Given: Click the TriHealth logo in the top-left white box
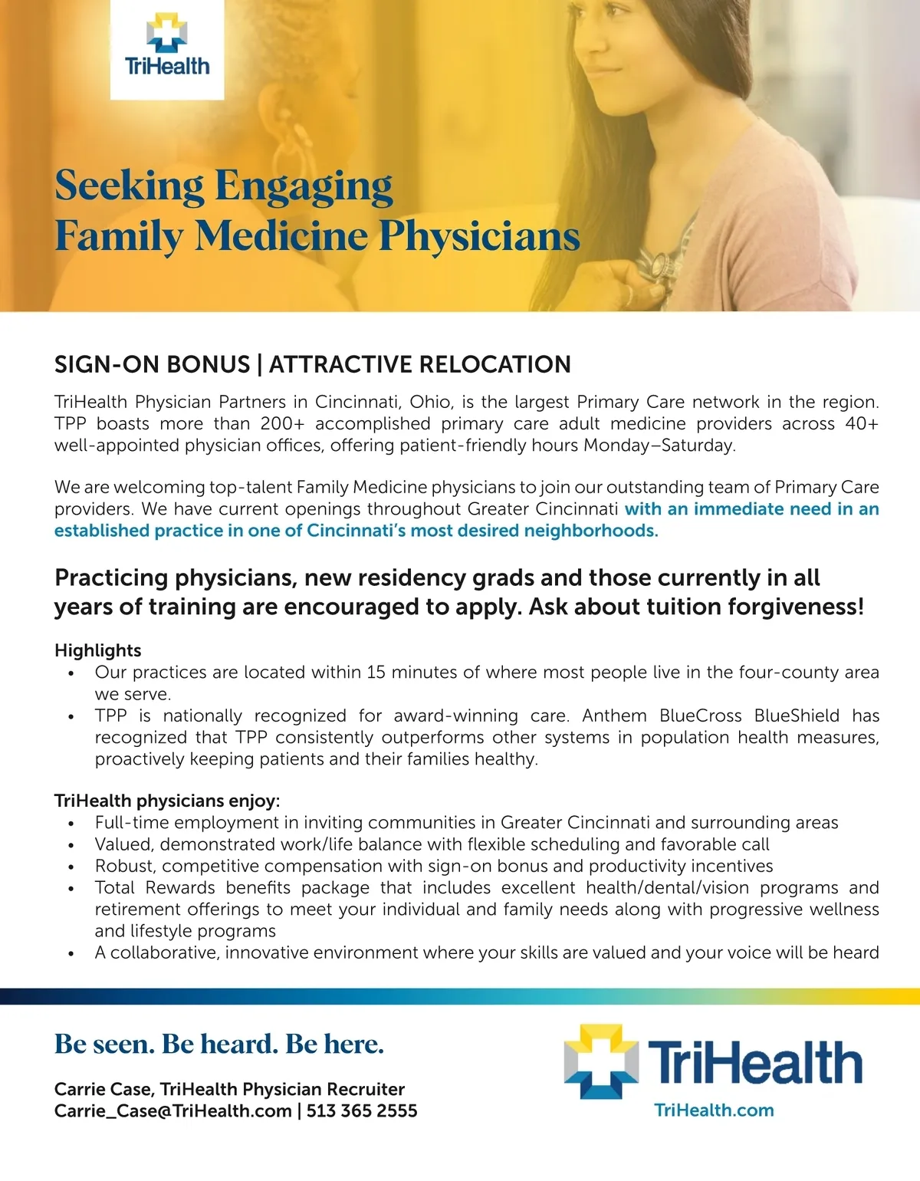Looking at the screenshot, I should coord(167,47).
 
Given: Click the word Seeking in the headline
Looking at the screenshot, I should coord(128,186).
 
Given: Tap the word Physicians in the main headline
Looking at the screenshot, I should coord(479,235).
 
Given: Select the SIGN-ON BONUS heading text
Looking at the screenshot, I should coord(152,364).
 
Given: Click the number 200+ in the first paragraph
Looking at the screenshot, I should coord(282,424).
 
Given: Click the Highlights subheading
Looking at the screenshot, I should coord(98,650).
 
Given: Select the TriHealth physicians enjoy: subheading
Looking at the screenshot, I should coord(167,801).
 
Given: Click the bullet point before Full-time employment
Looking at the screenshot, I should coord(71,824).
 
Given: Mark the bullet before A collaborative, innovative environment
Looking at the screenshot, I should coord(71,954).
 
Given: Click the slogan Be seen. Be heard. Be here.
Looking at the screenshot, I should coord(219,1044).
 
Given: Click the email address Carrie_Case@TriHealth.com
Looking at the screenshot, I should coord(173,1110).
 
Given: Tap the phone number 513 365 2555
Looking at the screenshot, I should coord(362,1110).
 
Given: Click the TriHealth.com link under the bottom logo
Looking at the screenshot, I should coord(714,1110).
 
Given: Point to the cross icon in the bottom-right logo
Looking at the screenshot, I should coord(601,1062).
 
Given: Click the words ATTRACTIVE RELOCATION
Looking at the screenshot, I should coord(420,364).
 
